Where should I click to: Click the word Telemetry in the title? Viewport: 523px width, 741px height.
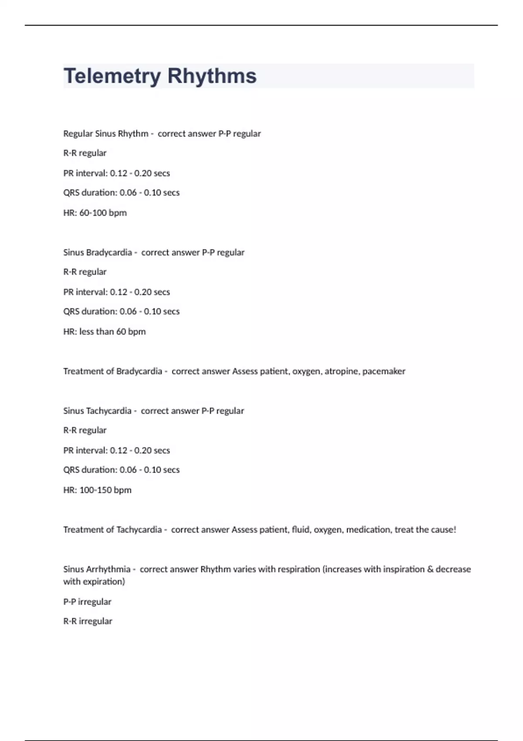click(x=112, y=76)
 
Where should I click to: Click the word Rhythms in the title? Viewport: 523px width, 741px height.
click(x=212, y=76)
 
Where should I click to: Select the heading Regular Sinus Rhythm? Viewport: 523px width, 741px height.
click(x=105, y=133)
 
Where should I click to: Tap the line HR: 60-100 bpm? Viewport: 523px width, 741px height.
click(x=95, y=213)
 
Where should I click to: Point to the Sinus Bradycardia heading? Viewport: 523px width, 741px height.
click(x=97, y=252)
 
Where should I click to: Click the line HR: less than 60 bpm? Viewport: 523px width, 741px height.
click(x=105, y=331)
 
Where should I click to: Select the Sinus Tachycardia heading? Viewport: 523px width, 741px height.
click(x=97, y=411)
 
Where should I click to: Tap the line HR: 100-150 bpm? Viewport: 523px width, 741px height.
click(x=97, y=490)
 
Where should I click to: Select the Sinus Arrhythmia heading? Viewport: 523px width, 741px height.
click(x=96, y=569)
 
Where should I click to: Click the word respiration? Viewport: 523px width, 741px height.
click(x=299, y=569)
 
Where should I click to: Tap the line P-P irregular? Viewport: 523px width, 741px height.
click(x=87, y=602)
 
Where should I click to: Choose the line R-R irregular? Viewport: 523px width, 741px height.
click(x=88, y=621)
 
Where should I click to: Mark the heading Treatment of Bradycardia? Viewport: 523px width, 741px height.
click(x=112, y=371)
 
